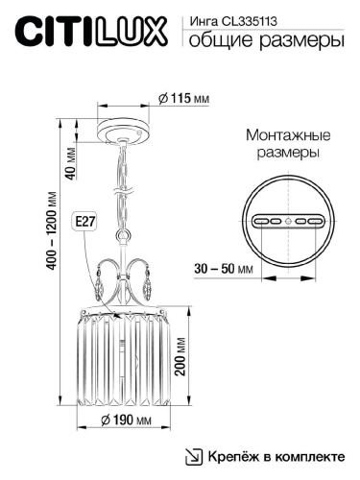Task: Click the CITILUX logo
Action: coord(91,33)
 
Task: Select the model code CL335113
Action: coord(244,22)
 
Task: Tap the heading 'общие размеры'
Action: coord(267,41)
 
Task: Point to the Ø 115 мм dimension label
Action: coord(184,98)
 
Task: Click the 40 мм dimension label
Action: coord(71,163)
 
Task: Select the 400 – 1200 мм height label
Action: coord(52,230)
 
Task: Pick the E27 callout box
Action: coord(85,222)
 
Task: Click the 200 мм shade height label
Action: coord(180,356)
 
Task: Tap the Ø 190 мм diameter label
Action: coord(126,420)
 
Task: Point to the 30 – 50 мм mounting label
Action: coord(224,269)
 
